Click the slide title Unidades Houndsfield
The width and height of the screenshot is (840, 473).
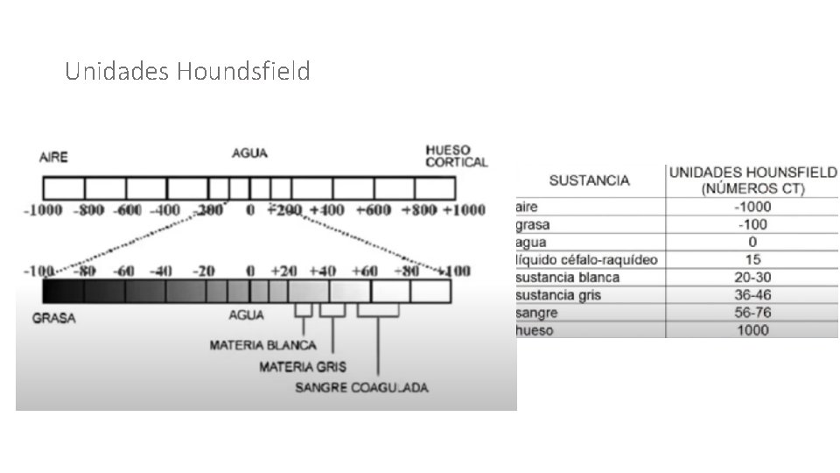click(187, 71)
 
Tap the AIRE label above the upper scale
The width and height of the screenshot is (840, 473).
click(53, 158)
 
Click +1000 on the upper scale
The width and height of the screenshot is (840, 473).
click(463, 210)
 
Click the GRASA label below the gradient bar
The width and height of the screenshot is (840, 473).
click(53, 318)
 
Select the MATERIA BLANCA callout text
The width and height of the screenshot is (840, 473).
click(262, 345)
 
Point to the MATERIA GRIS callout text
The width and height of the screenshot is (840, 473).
click(298, 366)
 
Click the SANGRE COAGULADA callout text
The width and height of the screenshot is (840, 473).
click(361, 386)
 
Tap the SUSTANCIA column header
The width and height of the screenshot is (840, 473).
click(589, 181)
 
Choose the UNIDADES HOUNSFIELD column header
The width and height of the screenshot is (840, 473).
click(752, 180)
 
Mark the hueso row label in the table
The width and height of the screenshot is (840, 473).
click(535, 330)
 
